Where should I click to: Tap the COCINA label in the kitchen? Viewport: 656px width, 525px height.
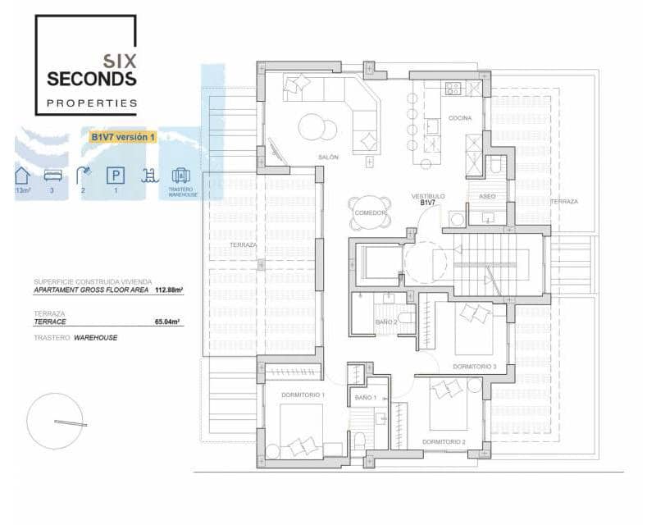click(460, 118)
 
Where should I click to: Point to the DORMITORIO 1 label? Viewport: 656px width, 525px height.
click(303, 395)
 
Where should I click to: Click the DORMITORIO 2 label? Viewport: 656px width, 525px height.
click(444, 442)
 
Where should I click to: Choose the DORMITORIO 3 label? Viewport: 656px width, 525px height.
click(475, 367)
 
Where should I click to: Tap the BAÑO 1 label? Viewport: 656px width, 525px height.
click(365, 397)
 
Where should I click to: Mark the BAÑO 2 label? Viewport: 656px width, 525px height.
click(386, 322)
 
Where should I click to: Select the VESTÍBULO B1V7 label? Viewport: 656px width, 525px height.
click(427, 200)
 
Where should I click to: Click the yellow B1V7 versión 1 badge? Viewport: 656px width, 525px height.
click(117, 137)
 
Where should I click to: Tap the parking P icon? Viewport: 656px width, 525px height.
click(114, 175)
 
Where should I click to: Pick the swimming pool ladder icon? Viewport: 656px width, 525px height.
click(148, 175)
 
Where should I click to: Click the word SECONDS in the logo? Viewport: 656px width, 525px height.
click(91, 80)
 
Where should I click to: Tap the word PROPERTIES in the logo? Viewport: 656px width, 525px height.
click(91, 103)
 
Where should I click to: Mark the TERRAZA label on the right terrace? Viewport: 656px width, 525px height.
click(563, 201)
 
